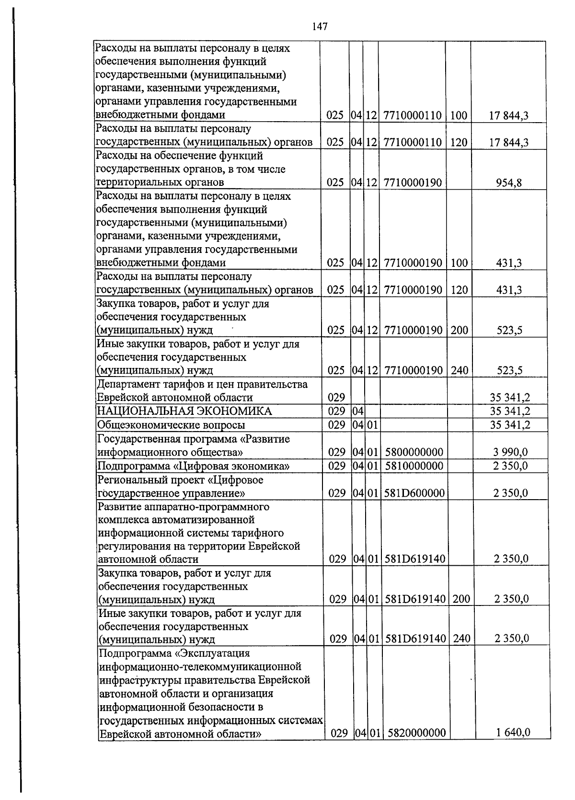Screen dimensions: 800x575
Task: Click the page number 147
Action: [320, 27]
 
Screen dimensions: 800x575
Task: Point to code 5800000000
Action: [414, 452]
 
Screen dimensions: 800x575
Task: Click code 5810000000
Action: [414, 466]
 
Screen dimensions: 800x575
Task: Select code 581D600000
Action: [414, 493]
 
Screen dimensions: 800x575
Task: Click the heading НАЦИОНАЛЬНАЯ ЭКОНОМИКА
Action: [184, 411]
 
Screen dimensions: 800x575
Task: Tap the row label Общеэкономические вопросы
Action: [171, 425]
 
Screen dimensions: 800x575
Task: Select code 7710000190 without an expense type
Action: [412, 183]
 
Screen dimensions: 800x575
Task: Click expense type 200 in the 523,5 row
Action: [459, 331]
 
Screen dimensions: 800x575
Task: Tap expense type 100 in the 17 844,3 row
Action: [459, 115]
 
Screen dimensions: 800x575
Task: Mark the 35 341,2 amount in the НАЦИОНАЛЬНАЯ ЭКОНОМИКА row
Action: [510, 411]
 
